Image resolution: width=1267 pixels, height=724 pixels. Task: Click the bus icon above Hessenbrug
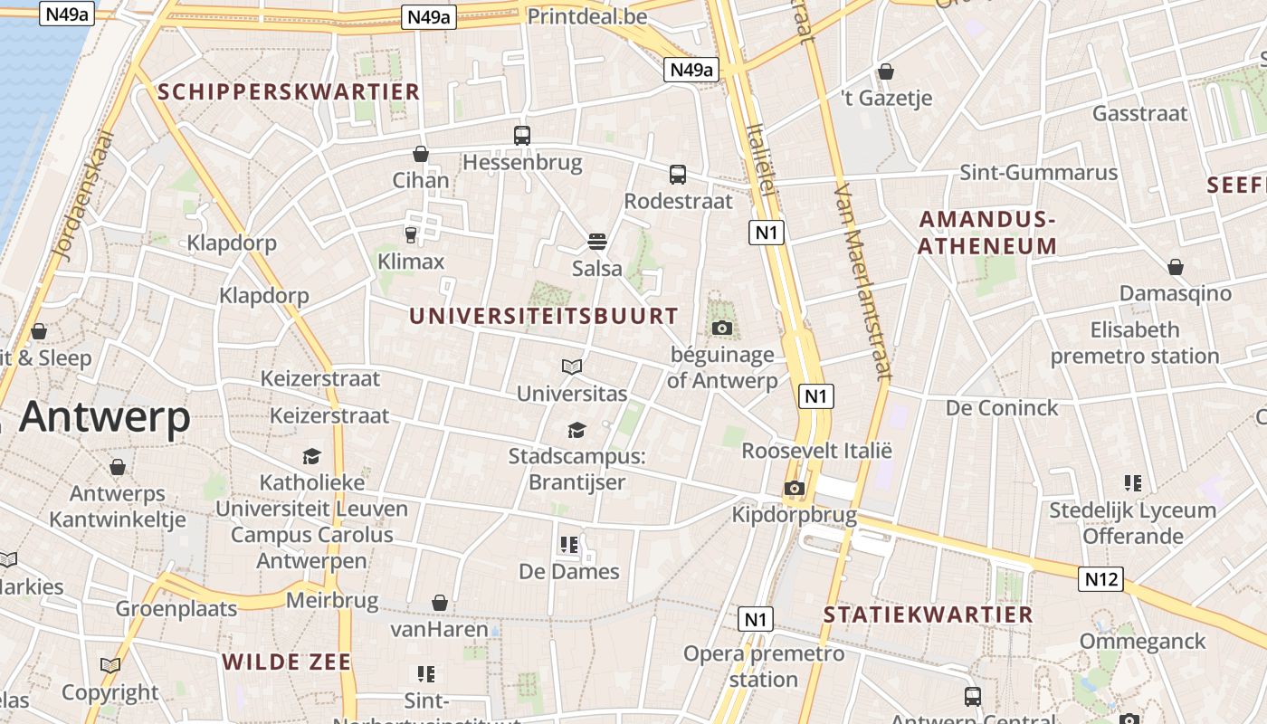point(522,136)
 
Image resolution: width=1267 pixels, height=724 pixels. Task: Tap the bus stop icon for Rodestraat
point(678,175)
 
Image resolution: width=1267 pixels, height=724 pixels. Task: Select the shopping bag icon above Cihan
point(421,154)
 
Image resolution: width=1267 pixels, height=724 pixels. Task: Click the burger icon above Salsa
point(596,242)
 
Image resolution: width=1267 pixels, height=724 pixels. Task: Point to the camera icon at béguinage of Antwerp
point(722,328)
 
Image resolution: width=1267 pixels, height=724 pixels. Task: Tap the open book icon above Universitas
point(571,367)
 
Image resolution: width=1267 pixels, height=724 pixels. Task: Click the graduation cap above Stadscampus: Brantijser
point(576,429)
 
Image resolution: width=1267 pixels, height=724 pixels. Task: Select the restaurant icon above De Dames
point(569,544)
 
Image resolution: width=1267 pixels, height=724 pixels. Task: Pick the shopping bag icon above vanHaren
point(440,603)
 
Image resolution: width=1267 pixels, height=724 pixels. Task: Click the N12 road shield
point(1101,579)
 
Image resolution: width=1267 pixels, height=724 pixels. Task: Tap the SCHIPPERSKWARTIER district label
point(289,91)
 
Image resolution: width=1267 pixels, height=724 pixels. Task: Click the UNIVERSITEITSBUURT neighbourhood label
point(543,316)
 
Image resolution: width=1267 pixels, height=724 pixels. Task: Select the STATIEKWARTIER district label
point(928,614)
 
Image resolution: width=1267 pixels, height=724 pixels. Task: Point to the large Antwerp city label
point(105,417)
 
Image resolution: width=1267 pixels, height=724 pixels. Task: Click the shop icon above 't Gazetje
point(886,71)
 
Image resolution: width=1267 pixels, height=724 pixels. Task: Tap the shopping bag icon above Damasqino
point(1176,267)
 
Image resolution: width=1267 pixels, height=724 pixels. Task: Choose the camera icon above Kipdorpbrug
point(794,489)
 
